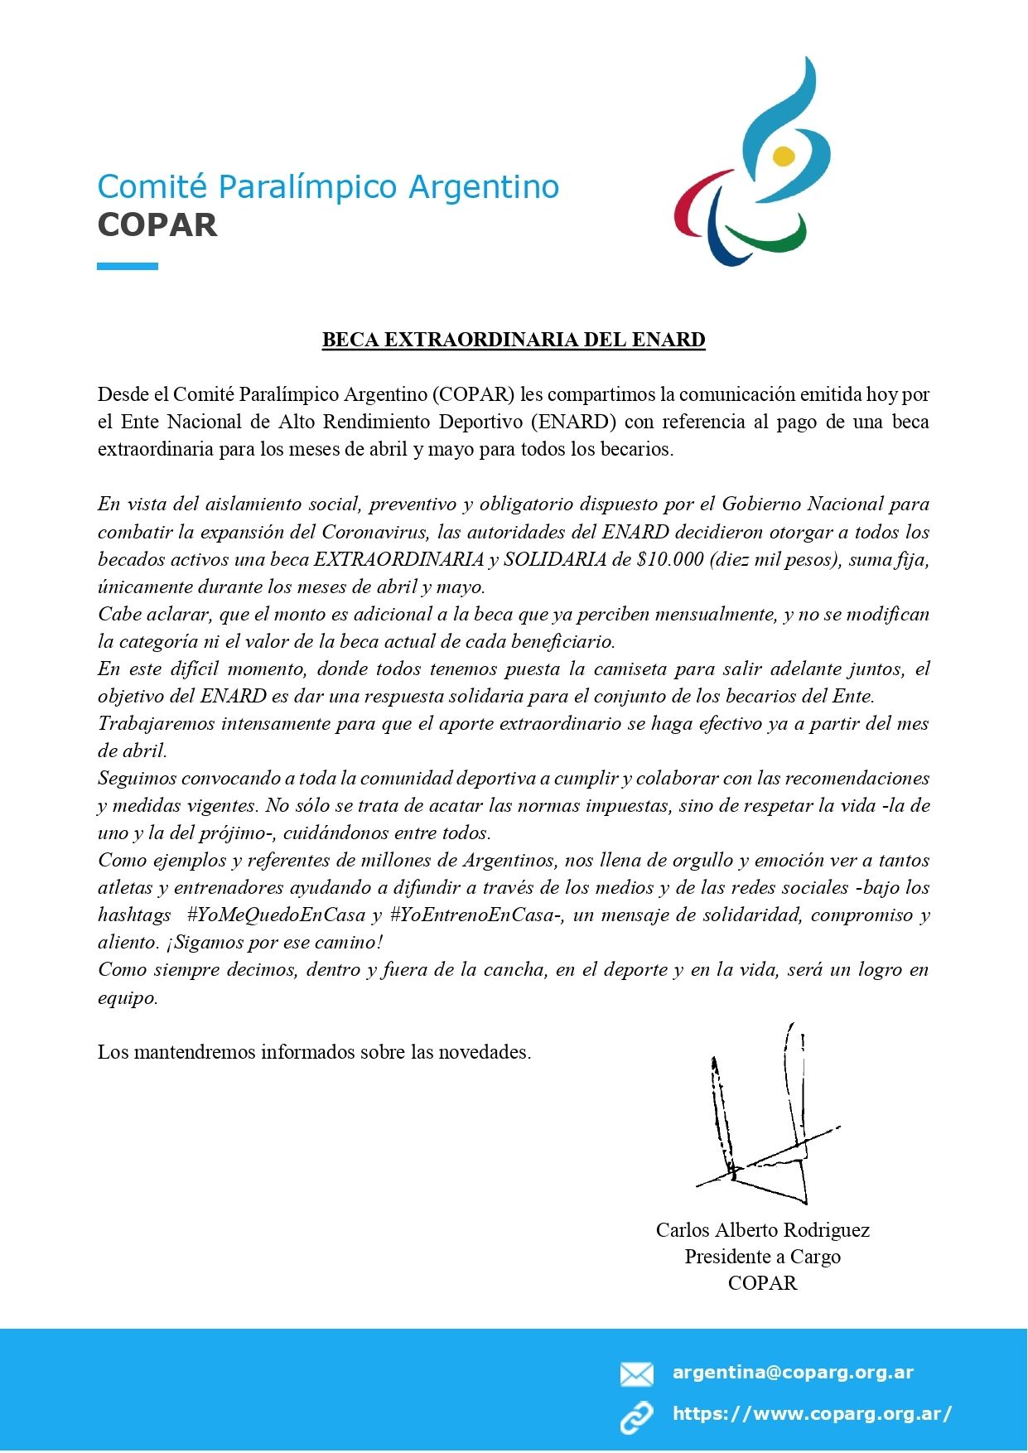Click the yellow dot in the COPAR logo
(784, 156)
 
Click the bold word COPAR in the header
(157, 225)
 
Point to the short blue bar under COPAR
(128, 266)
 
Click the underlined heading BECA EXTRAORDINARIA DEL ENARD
(514, 340)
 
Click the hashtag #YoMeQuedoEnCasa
(276, 915)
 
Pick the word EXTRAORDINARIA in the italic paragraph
(398, 559)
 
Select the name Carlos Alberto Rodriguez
(762, 1230)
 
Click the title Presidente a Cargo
(762, 1257)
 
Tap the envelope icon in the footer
(636, 1374)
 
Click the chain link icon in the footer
(636, 1417)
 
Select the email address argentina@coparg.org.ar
(793, 1373)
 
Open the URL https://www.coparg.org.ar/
(812, 1414)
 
